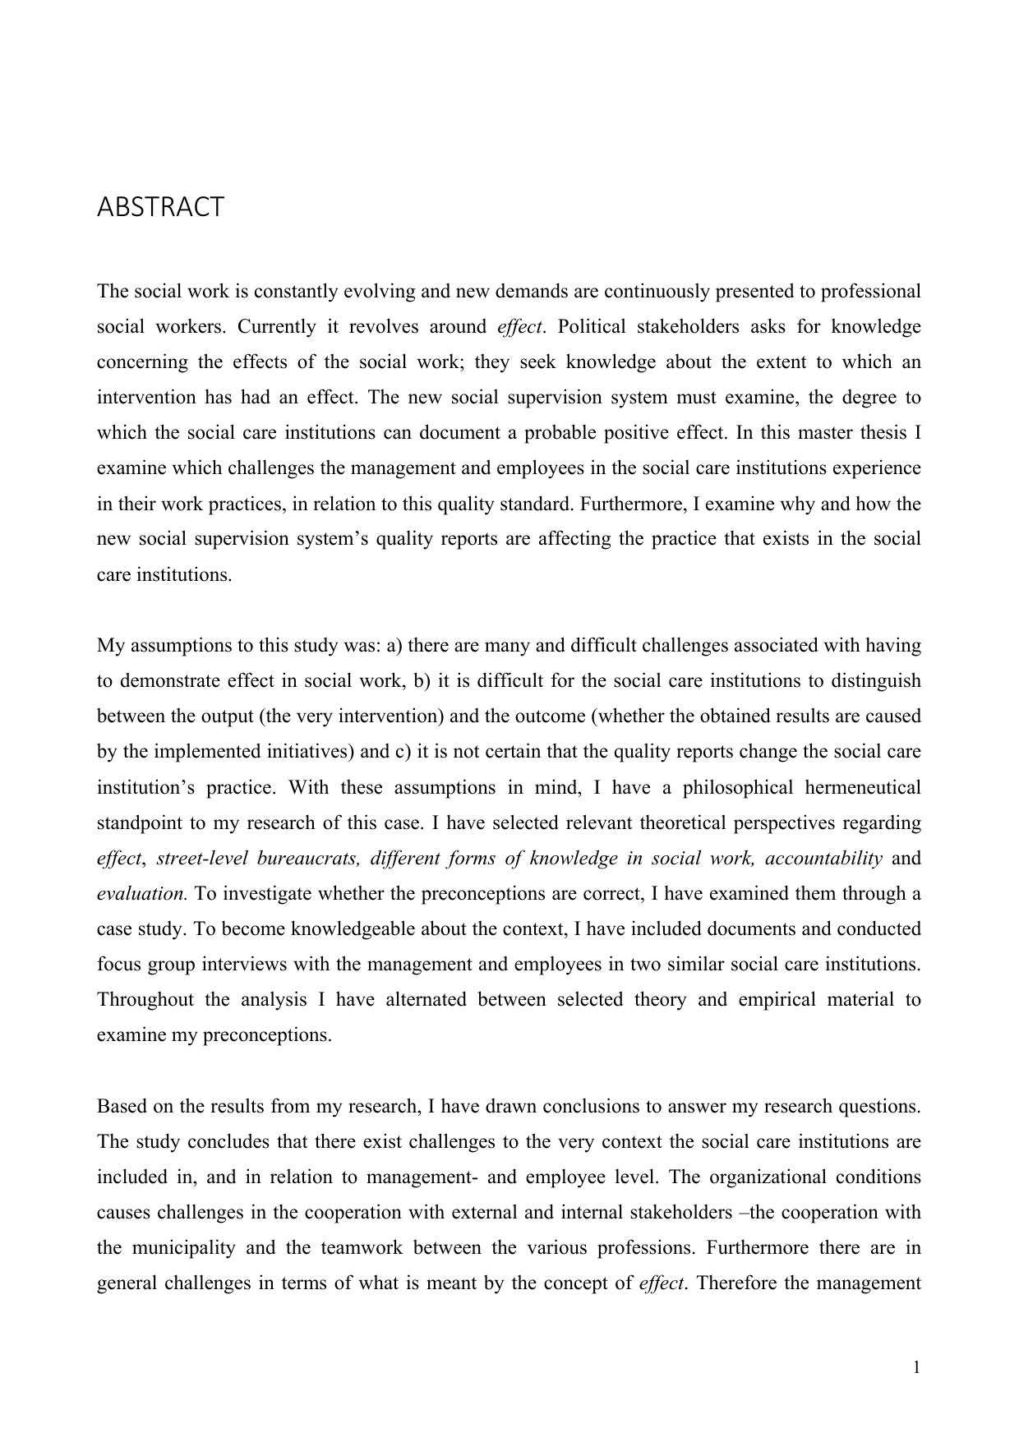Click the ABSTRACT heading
160,207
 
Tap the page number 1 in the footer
916,1367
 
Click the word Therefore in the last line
737,1283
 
